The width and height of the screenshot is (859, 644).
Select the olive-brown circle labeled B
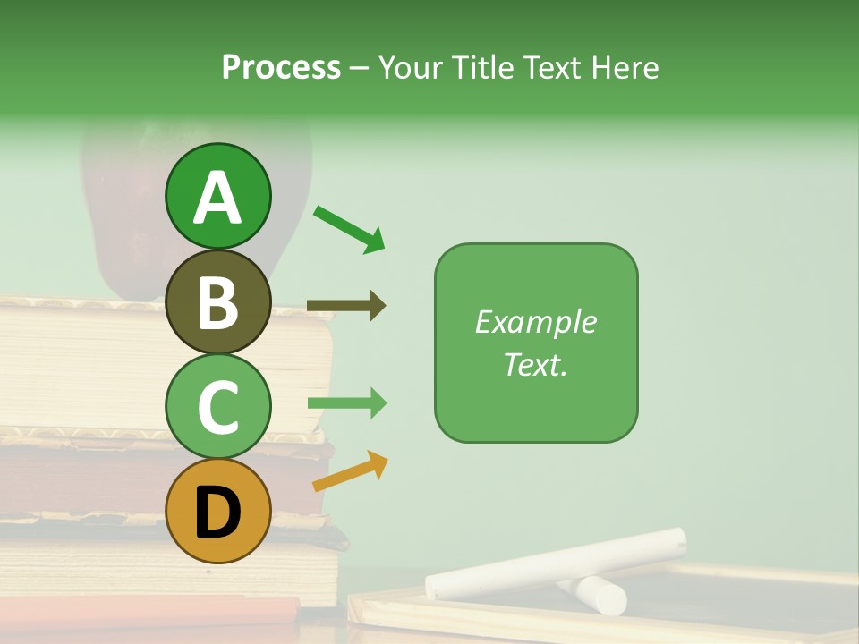point(217,301)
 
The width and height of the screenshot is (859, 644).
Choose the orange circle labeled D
point(217,511)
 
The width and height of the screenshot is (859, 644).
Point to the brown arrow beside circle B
point(346,306)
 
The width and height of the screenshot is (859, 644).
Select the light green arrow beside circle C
point(346,403)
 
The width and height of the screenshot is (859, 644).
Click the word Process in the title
point(281,67)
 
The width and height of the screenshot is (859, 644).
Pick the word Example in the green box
point(535,322)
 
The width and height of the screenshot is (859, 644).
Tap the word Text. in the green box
point(535,364)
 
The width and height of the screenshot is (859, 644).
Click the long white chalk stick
point(555,563)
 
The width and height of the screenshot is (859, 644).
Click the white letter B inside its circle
point(217,302)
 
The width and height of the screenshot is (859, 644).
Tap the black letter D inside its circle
point(217,512)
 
